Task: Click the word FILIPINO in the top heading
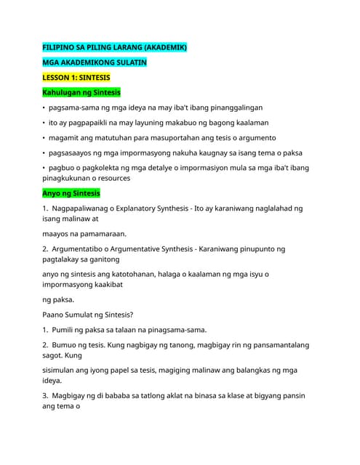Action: pyautogui.click(x=60, y=47)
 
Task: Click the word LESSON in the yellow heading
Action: pyautogui.click(x=57, y=78)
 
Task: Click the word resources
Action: pyautogui.click(x=110, y=177)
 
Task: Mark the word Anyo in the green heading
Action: pyautogui.click(x=52, y=193)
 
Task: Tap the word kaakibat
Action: pyautogui.click(x=105, y=284)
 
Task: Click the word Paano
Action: pyautogui.click(x=55, y=315)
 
